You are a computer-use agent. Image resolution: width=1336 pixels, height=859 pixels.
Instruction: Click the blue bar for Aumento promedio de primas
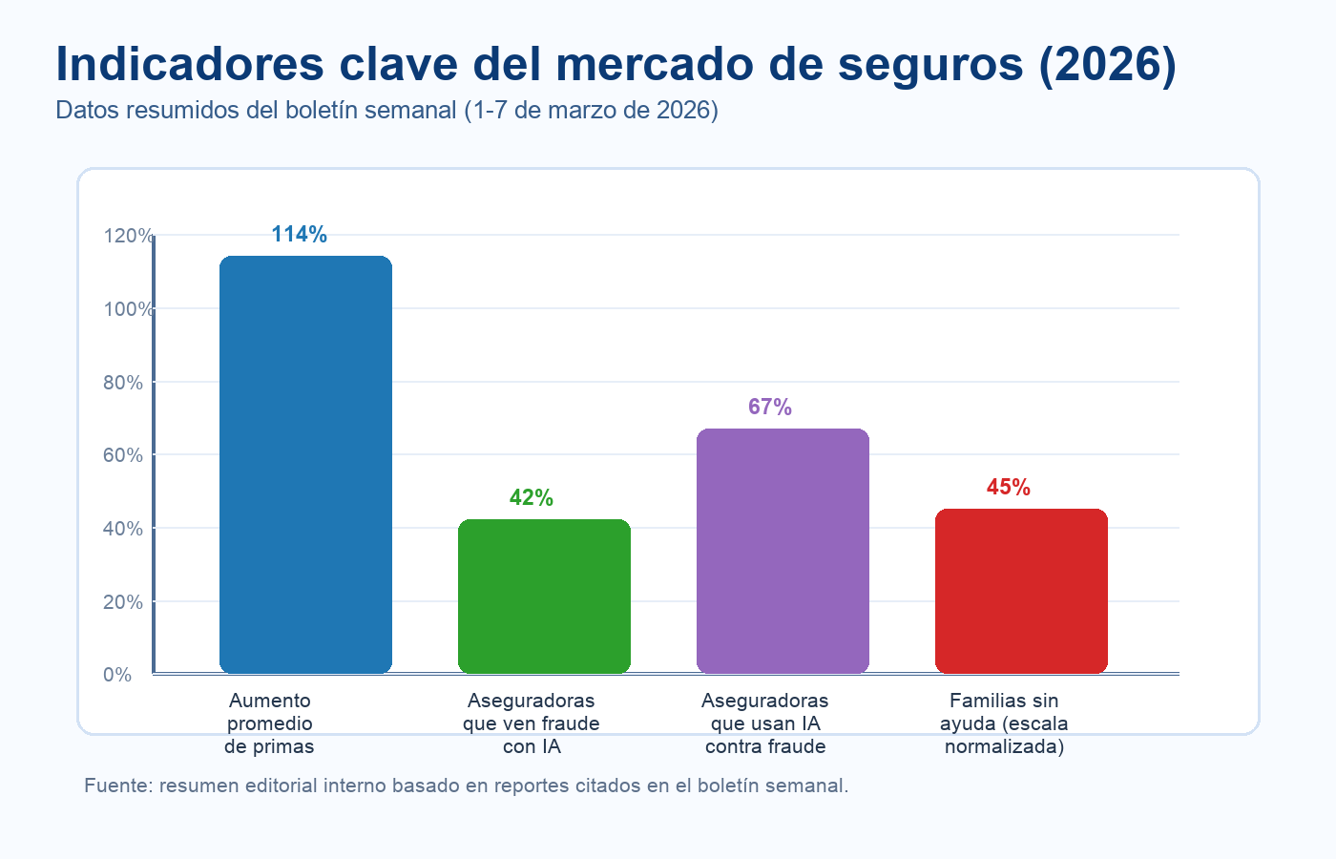(305, 465)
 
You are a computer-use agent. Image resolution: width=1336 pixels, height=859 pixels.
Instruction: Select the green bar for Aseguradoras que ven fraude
(544, 597)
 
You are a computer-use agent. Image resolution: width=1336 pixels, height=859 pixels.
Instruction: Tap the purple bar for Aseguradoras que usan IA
(783, 551)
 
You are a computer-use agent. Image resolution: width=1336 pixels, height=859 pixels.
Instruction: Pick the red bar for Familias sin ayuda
(1021, 591)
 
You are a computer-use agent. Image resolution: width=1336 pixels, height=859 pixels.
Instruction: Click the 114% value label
(299, 235)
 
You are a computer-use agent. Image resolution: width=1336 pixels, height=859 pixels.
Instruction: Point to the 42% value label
(531, 498)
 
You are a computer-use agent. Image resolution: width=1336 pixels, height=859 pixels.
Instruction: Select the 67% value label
(769, 408)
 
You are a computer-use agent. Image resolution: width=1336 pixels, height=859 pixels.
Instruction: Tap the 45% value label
(1008, 488)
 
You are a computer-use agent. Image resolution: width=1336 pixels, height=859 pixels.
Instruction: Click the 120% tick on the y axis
(128, 236)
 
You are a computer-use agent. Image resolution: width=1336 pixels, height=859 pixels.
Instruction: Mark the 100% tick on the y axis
(128, 309)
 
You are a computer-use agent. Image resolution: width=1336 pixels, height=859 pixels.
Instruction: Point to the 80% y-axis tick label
(122, 383)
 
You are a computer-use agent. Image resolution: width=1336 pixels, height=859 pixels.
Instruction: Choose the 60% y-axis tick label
(122, 455)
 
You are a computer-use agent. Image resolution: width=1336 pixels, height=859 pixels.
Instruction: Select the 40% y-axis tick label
(122, 529)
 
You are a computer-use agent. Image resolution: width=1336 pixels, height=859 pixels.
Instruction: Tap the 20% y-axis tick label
(122, 602)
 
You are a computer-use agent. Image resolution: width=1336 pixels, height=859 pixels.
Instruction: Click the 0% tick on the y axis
(117, 675)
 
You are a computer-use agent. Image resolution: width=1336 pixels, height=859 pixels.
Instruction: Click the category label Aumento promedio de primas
(269, 723)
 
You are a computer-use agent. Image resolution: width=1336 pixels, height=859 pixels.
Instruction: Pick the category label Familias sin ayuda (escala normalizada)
(1004, 723)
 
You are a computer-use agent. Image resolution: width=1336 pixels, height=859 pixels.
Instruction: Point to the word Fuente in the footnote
(117, 786)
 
